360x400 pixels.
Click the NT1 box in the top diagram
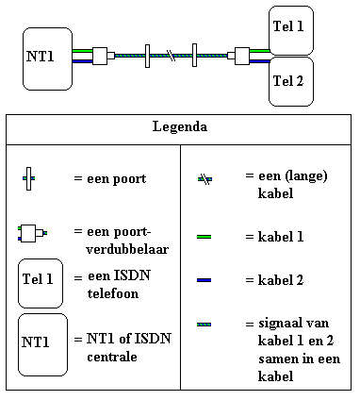(x=46, y=58)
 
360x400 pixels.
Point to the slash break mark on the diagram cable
(x=171, y=57)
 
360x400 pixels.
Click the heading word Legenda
(x=179, y=125)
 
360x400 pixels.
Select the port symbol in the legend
(x=29, y=177)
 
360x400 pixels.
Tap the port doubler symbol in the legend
(x=32, y=231)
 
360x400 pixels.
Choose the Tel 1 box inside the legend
(x=41, y=280)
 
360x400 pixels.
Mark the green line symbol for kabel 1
(x=204, y=236)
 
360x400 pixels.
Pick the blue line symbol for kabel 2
(x=204, y=280)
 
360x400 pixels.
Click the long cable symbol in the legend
(x=204, y=178)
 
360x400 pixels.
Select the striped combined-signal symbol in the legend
(x=204, y=325)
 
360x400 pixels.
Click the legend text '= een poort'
(x=109, y=178)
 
